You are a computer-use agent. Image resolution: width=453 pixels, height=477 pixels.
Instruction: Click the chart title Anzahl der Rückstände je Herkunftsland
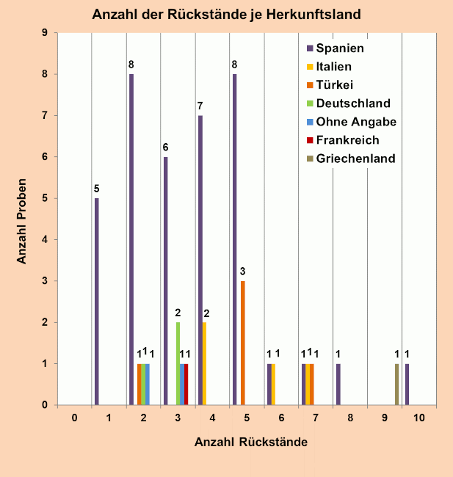(226, 14)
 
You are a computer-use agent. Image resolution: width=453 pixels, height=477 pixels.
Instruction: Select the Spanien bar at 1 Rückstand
(96, 301)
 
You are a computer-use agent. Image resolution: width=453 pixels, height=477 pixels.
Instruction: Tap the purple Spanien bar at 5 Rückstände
(234, 239)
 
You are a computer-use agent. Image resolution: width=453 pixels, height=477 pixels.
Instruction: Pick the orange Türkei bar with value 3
(243, 343)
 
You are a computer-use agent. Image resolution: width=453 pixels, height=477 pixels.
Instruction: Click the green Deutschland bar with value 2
(178, 363)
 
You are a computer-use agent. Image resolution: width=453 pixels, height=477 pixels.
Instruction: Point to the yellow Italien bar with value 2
(204, 363)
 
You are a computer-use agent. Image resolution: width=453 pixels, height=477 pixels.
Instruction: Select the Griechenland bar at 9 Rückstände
(397, 384)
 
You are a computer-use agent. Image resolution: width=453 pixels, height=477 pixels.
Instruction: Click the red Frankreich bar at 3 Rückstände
(186, 384)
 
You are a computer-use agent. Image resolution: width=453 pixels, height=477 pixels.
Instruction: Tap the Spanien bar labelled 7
(200, 260)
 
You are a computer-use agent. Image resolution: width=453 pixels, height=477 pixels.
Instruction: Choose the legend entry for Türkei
(335, 84)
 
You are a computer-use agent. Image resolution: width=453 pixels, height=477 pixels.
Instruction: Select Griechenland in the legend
(350, 158)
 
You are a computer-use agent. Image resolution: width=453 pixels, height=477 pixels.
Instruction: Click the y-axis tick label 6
(46, 156)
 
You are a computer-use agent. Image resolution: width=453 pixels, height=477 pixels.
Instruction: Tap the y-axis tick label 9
(46, 33)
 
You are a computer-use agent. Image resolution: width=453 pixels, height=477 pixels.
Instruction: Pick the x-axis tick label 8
(350, 418)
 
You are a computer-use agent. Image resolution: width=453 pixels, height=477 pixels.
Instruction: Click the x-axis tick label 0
(75, 418)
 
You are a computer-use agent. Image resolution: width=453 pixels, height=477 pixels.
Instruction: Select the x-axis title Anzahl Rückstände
(250, 443)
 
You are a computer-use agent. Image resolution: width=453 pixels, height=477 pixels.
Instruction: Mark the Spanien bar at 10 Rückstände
(407, 384)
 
